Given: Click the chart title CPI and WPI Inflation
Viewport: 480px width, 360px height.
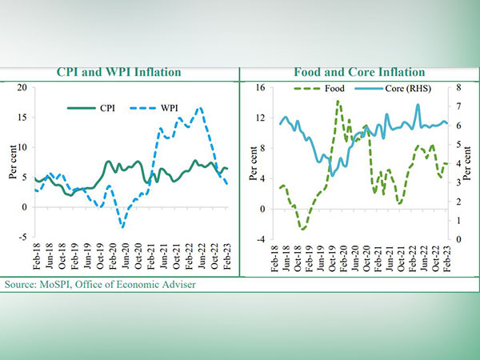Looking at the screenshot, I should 118,73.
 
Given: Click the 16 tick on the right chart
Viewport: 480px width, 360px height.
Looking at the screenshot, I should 259,87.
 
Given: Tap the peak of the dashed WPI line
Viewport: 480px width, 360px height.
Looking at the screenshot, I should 199,107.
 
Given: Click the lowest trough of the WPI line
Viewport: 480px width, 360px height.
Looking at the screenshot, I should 122,226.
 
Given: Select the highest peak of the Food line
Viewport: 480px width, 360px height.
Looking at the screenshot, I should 338,102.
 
